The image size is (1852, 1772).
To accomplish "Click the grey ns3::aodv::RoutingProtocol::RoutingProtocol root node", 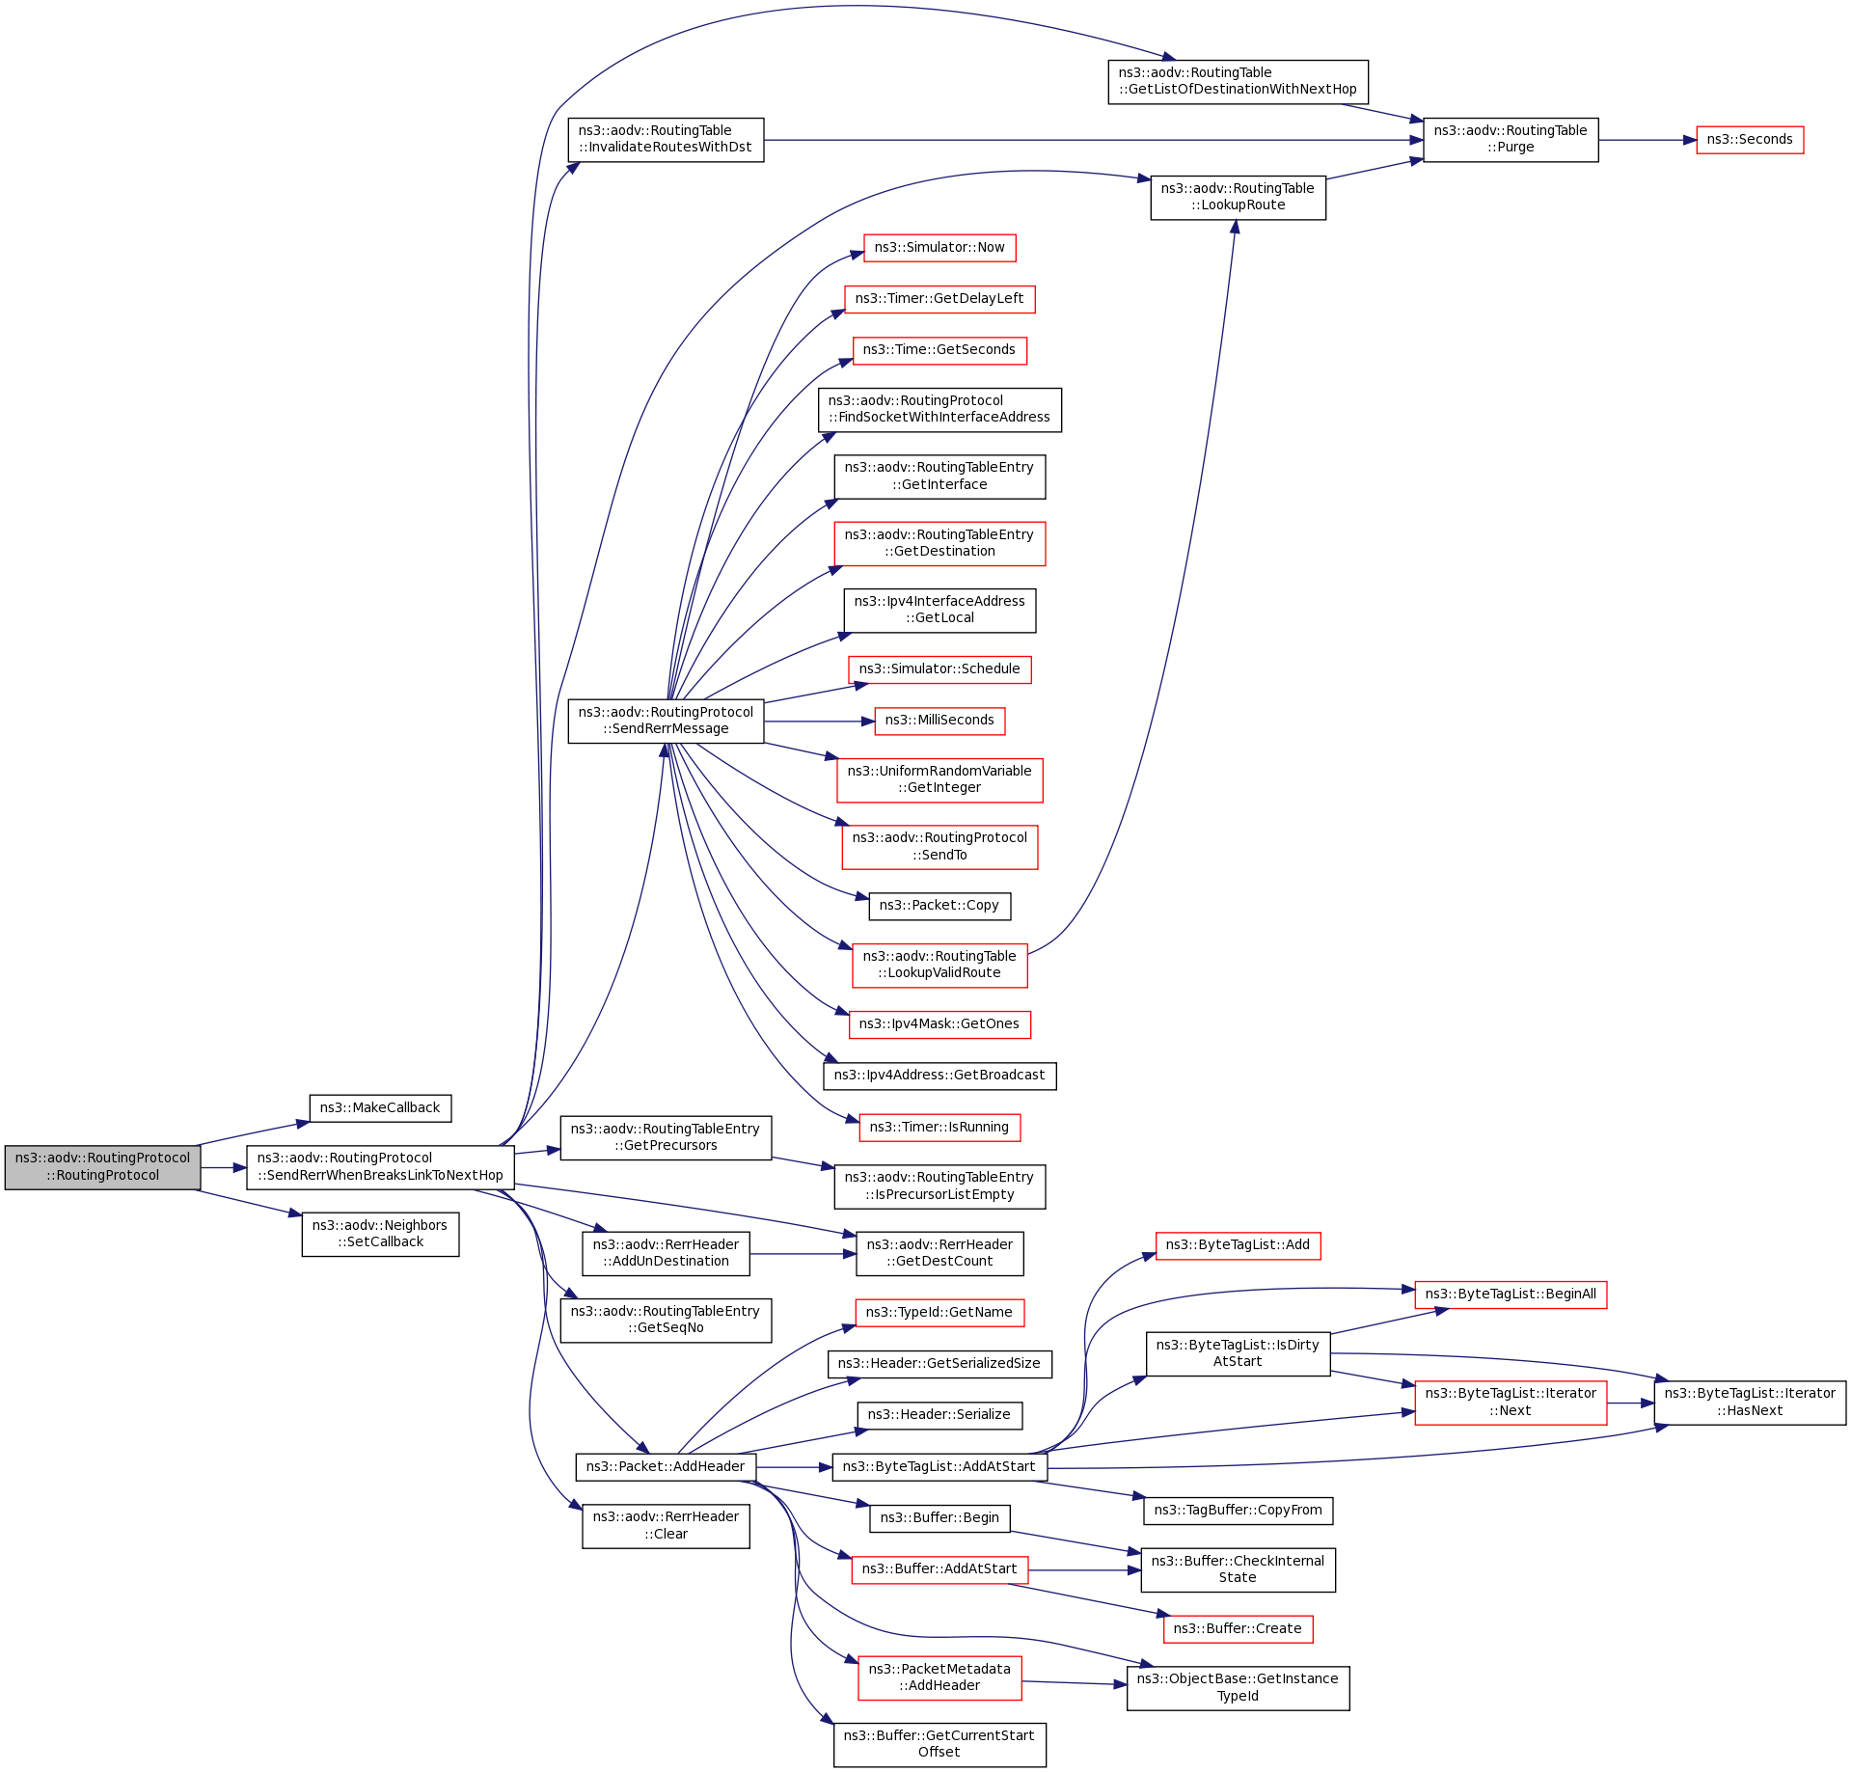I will pyautogui.click(x=102, y=1167).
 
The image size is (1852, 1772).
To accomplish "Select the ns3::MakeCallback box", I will pyautogui.click(x=380, y=1108).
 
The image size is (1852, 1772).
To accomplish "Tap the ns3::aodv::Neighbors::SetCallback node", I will pyautogui.click(x=380, y=1234).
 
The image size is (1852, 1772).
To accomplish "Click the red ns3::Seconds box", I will pyautogui.click(x=1749, y=140).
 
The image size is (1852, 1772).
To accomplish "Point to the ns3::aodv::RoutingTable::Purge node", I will pyautogui.click(x=1510, y=140).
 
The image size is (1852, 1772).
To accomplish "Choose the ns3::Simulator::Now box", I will pyautogui.click(x=939, y=248).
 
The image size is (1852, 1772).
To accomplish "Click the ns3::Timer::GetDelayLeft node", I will pyautogui.click(x=939, y=299).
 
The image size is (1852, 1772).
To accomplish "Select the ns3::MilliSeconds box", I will pyautogui.click(x=939, y=721).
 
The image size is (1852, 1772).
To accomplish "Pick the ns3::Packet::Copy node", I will pyautogui.click(x=939, y=906).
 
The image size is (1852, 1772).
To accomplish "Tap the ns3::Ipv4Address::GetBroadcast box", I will pyautogui.click(x=939, y=1076).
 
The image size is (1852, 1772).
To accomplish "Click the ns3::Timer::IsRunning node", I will pyautogui.click(x=939, y=1128).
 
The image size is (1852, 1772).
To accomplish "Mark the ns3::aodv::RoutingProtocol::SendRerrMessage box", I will pyautogui.click(x=666, y=721).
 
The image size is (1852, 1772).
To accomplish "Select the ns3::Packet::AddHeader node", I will pyautogui.click(x=666, y=1467).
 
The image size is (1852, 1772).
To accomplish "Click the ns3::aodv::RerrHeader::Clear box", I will pyautogui.click(x=666, y=1526).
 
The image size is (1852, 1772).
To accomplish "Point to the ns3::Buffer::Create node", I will pyautogui.click(x=1238, y=1629).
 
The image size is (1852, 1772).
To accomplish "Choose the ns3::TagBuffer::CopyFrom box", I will pyautogui.click(x=1238, y=1511).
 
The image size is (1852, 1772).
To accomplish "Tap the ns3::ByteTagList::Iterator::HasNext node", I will pyautogui.click(x=1749, y=1403).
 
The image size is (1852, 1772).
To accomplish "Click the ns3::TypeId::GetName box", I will pyautogui.click(x=939, y=1313).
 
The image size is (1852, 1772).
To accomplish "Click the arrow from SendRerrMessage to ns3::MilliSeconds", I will pyautogui.click(x=819, y=722).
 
